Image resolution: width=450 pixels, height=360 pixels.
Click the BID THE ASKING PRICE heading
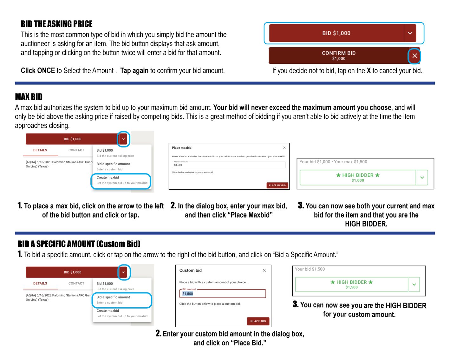(x=56, y=24)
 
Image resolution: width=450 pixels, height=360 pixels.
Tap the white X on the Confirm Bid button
(x=414, y=56)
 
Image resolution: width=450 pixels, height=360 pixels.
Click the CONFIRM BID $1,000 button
(x=338, y=56)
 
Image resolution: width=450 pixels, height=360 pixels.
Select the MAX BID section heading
(x=29, y=97)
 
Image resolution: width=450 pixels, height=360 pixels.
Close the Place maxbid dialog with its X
(x=284, y=148)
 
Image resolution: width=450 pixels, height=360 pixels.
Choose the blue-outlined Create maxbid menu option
(x=121, y=180)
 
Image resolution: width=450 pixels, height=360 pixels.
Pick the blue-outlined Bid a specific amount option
(x=122, y=300)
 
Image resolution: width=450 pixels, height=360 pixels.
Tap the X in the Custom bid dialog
(x=264, y=271)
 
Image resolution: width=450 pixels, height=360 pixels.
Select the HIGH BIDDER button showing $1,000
(x=358, y=178)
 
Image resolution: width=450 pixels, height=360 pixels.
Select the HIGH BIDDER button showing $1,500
(x=351, y=285)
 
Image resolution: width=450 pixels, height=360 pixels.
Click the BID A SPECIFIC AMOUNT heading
(x=79, y=244)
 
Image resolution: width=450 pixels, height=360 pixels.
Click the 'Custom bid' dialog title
(x=190, y=271)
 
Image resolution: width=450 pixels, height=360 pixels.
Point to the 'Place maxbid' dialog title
(x=182, y=148)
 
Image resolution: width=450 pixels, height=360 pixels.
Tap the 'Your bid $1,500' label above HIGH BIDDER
(x=310, y=269)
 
